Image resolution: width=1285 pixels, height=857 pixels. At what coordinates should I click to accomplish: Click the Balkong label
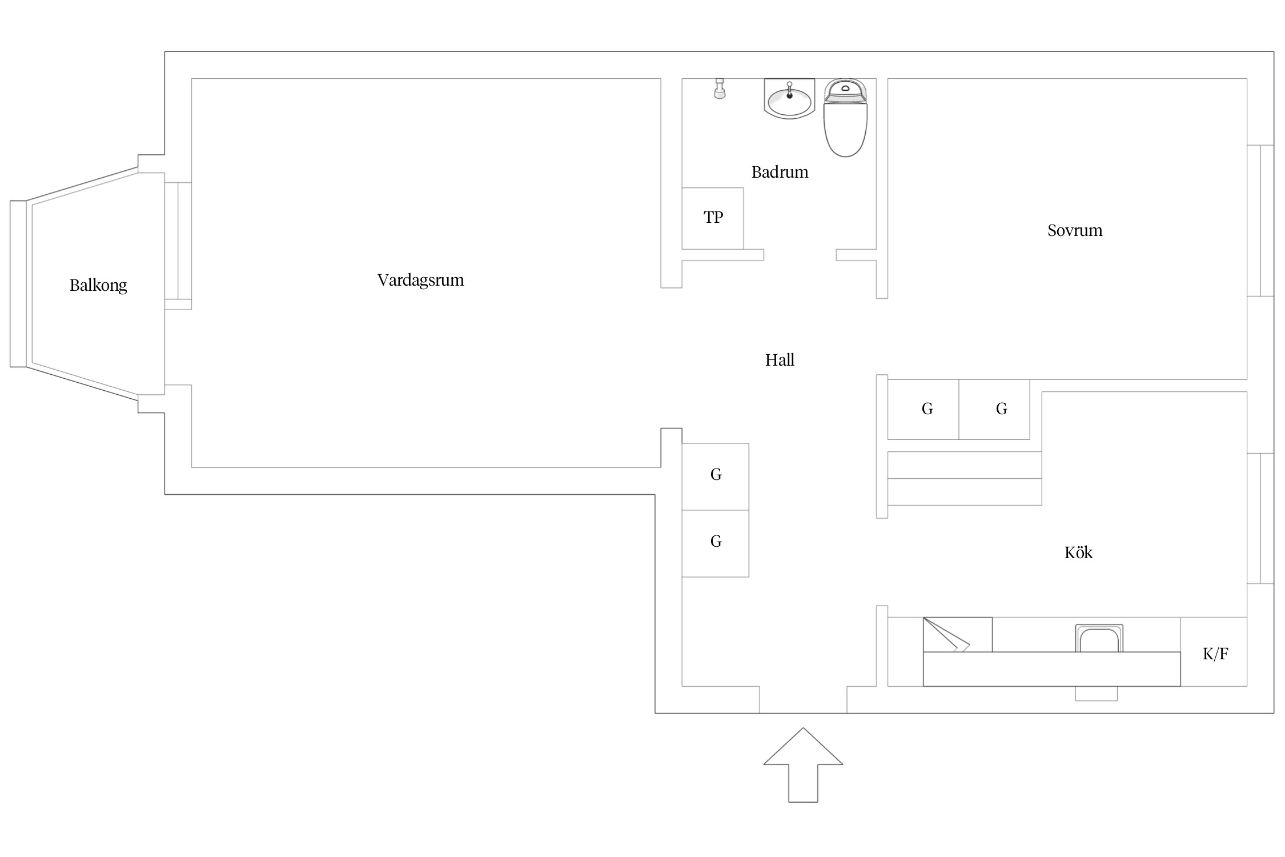pyautogui.click(x=98, y=285)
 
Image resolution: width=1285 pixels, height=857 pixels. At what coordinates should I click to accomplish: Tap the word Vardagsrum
pyautogui.click(x=420, y=280)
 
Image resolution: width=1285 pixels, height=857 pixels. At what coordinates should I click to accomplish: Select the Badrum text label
pyautogui.click(x=780, y=172)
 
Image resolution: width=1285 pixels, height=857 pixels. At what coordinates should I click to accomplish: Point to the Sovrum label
pyautogui.click(x=1074, y=230)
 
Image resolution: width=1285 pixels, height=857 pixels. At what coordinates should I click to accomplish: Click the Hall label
pyautogui.click(x=780, y=360)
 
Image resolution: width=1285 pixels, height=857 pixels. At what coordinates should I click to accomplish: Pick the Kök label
pyautogui.click(x=1078, y=552)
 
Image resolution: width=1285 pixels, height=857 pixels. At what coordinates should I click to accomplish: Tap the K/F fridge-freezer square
pyautogui.click(x=1214, y=652)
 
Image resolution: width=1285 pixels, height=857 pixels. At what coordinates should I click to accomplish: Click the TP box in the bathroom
pyautogui.click(x=713, y=218)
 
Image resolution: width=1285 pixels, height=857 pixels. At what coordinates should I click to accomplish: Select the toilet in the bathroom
pyautogui.click(x=845, y=118)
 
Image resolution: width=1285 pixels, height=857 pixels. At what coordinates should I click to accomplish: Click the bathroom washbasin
pyautogui.click(x=789, y=99)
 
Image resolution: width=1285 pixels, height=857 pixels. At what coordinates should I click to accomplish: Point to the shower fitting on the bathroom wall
pyautogui.click(x=720, y=89)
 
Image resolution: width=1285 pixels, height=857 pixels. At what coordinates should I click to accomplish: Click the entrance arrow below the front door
pyautogui.click(x=803, y=764)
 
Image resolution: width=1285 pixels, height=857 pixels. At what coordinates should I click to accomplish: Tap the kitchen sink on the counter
pyautogui.click(x=1099, y=638)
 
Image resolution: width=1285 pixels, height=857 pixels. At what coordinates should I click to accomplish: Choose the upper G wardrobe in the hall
pyautogui.click(x=716, y=476)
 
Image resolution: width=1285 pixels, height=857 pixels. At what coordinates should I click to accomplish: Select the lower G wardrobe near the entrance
pyautogui.click(x=716, y=543)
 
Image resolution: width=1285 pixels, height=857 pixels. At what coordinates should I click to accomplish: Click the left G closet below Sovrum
pyautogui.click(x=923, y=410)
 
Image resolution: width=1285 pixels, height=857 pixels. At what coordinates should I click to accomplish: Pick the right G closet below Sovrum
pyautogui.click(x=994, y=410)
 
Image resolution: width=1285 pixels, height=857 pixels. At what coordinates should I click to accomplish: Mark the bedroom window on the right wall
pyautogui.click(x=1260, y=221)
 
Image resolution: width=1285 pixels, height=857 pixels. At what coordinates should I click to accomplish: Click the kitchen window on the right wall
pyautogui.click(x=1260, y=518)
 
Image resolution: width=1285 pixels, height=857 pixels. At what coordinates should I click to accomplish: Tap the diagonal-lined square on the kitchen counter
pyautogui.click(x=958, y=635)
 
